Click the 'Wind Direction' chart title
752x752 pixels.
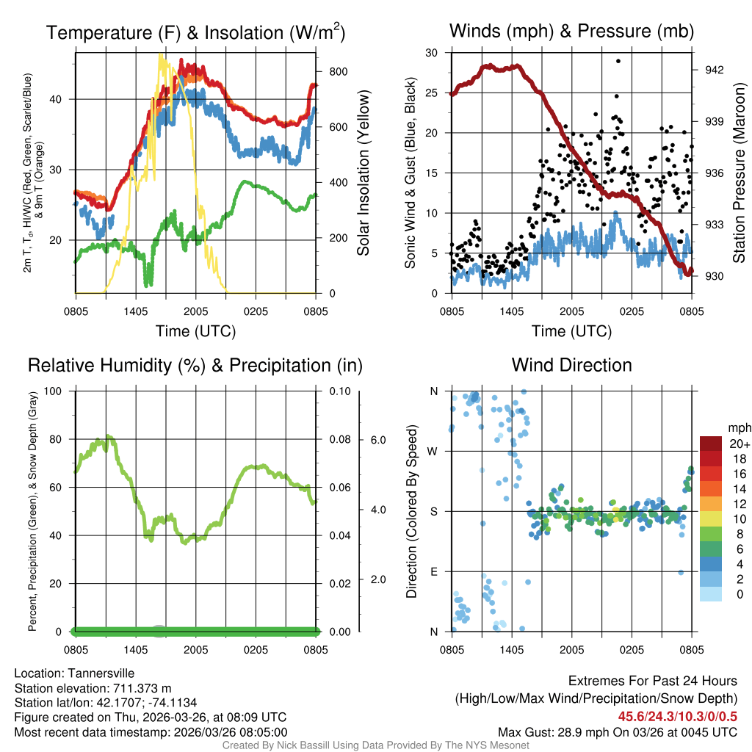click(x=571, y=365)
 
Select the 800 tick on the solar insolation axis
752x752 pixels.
click(x=338, y=71)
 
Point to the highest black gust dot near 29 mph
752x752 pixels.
click(x=618, y=62)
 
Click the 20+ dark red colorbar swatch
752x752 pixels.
click(x=711, y=444)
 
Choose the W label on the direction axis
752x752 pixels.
click(x=433, y=451)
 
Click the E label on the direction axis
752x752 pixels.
click(x=434, y=571)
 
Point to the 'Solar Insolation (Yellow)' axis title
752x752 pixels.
click(x=364, y=173)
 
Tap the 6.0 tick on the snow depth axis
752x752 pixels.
click(x=377, y=439)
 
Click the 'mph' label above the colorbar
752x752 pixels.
click(x=738, y=427)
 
